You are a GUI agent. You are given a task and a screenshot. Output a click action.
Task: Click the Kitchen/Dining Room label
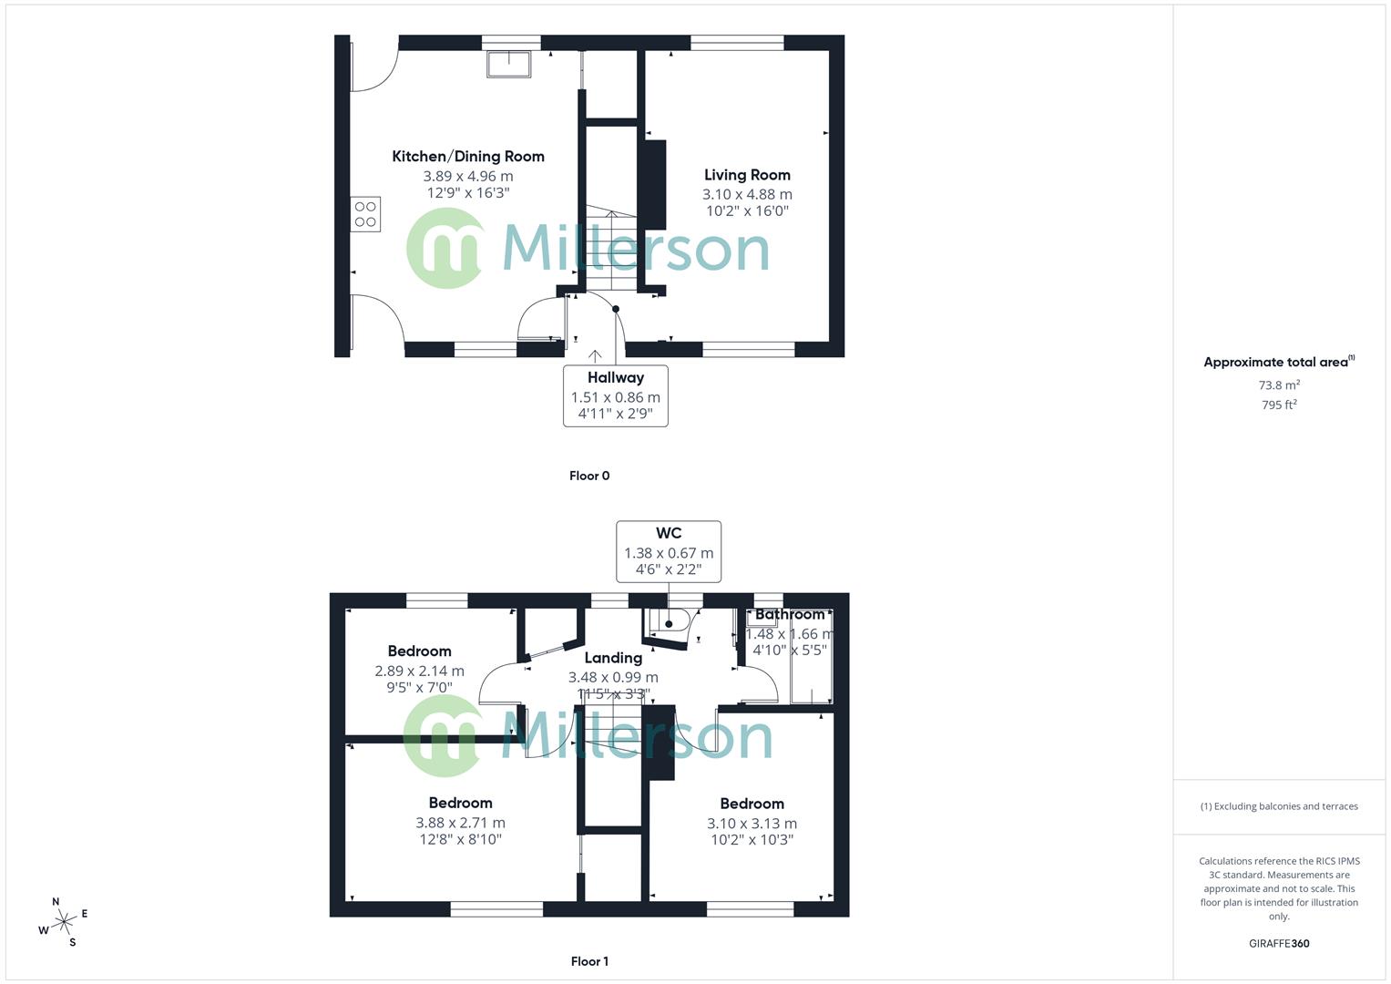pyautogui.click(x=468, y=157)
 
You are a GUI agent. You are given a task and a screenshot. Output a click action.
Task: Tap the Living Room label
pyautogui.click(x=747, y=175)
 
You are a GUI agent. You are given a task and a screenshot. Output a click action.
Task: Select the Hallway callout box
pyautogui.click(x=616, y=395)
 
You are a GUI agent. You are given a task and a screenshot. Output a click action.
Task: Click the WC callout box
pyautogui.click(x=669, y=551)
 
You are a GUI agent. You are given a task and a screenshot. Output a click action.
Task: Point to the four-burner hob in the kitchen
pyautogui.click(x=365, y=214)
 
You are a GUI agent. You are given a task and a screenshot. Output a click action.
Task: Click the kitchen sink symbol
pyautogui.click(x=508, y=64)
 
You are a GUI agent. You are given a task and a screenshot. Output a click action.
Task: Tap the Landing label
pyautogui.click(x=613, y=658)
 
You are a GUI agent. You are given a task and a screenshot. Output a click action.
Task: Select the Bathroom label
pyautogui.click(x=790, y=615)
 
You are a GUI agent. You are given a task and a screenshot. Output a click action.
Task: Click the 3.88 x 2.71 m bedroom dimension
pyautogui.click(x=460, y=823)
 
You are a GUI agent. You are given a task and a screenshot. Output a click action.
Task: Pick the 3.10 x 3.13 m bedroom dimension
pyautogui.click(x=752, y=824)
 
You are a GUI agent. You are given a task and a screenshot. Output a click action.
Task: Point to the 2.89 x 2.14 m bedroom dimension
pyautogui.click(x=419, y=671)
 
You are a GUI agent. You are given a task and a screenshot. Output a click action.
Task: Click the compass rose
pyautogui.click(x=63, y=923)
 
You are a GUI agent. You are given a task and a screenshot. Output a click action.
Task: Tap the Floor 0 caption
pyautogui.click(x=589, y=476)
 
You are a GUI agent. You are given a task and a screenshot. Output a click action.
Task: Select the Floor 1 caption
pyautogui.click(x=589, y=961)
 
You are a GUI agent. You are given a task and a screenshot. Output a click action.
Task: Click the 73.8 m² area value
pyautogui.click(x=1279, y=385)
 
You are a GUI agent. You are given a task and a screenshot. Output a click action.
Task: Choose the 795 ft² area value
pyautogui.click(x=1279, y=405)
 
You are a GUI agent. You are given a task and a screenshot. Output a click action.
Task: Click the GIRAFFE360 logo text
pyautogui.click(x=1279, y=944)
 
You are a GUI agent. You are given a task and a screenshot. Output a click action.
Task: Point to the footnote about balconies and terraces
pyautogui.click(x=1279, y=806)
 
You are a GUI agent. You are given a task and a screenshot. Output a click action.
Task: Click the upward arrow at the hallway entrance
pyautogui.click(x=595, y=356)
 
